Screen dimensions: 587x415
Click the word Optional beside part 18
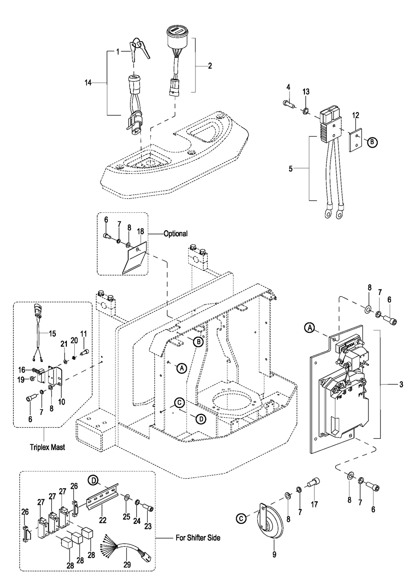pyautogui.click(x=176, y=234)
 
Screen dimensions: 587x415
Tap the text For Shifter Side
pyautogui.click(x=198, y=538)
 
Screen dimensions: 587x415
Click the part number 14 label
pyautogui.click(x=88, y=83)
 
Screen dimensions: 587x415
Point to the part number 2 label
pyautogui.click(x=209, y=66)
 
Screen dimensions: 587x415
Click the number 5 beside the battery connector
pyautogui.click(x=290, y=169)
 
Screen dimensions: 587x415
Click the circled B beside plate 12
pyautogui.click(x=371, y=143)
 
